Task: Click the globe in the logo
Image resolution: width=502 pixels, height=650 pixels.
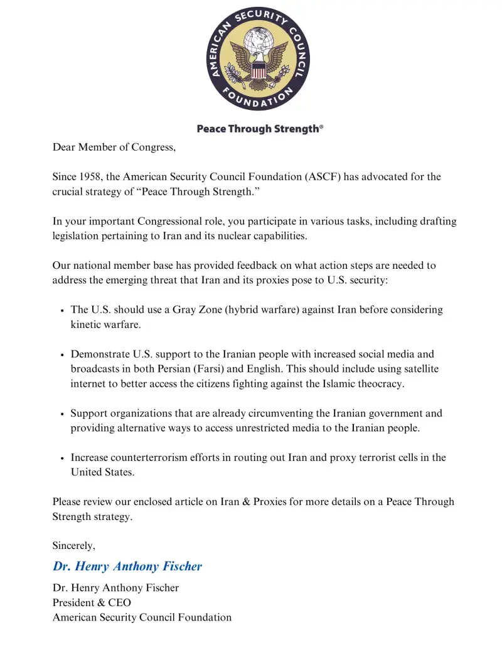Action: [x=259, y=41]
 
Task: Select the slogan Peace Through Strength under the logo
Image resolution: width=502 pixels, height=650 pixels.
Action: [x=260, y=129]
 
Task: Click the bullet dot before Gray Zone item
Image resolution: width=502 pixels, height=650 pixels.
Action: [x=61, y=311]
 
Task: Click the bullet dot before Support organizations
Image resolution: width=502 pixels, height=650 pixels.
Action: [x=61, y=414]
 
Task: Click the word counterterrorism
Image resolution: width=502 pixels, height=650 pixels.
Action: [x=151, y=457]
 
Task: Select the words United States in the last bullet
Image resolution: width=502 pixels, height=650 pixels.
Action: [x=102, y=472]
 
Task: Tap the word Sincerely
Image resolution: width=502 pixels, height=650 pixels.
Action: [x=73, y=546]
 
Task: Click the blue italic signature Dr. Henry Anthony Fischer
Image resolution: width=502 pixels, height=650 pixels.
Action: [x=127, y=566]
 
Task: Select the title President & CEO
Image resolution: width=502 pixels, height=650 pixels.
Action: [x=92, y=603]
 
